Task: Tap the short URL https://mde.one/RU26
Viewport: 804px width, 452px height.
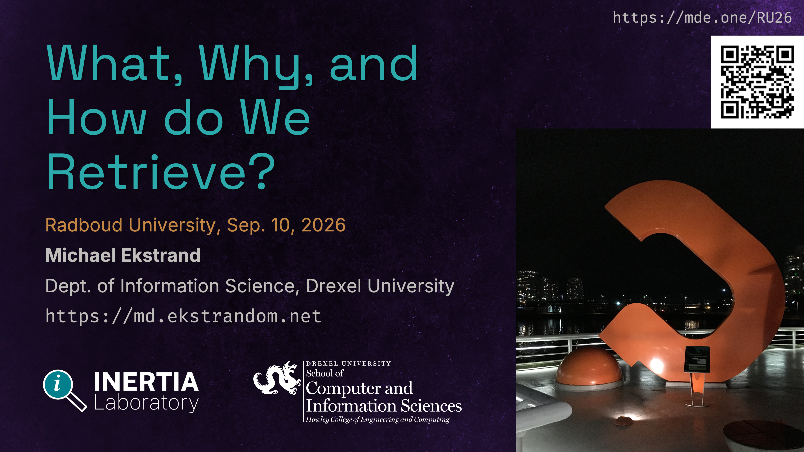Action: click(x=702, y=17)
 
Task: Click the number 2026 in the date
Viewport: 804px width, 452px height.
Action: click(x=324, y=225)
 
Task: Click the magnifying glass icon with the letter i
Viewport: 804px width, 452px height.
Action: click(x=65, y=390)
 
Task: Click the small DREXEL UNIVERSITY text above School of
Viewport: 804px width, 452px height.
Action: click(x=348, y=364)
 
